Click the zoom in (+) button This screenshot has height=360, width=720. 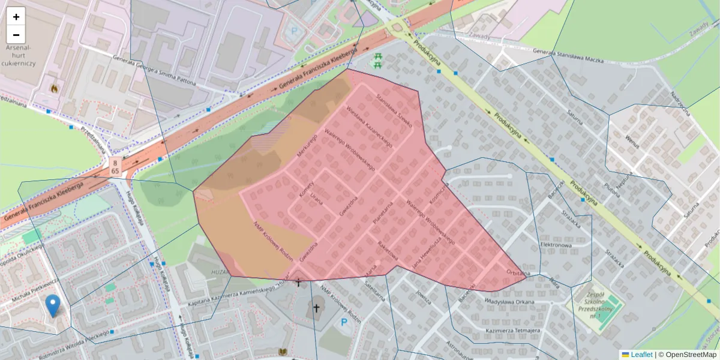(16, 17)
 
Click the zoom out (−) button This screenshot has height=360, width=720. (16, 34)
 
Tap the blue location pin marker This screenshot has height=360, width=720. (53, 305)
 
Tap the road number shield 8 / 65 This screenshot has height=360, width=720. (114, 166)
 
